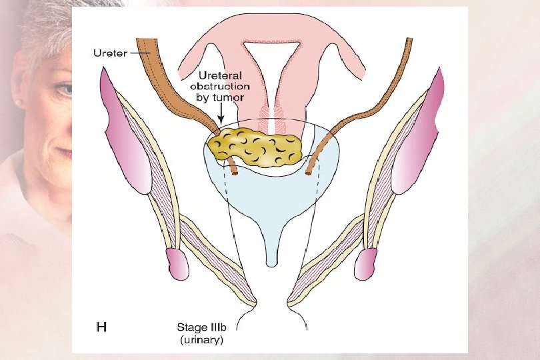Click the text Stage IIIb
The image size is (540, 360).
[x=202, y=327]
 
